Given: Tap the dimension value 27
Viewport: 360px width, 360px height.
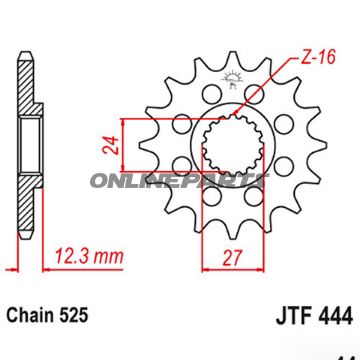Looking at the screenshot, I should pyautogui.click(x=232, y=257).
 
